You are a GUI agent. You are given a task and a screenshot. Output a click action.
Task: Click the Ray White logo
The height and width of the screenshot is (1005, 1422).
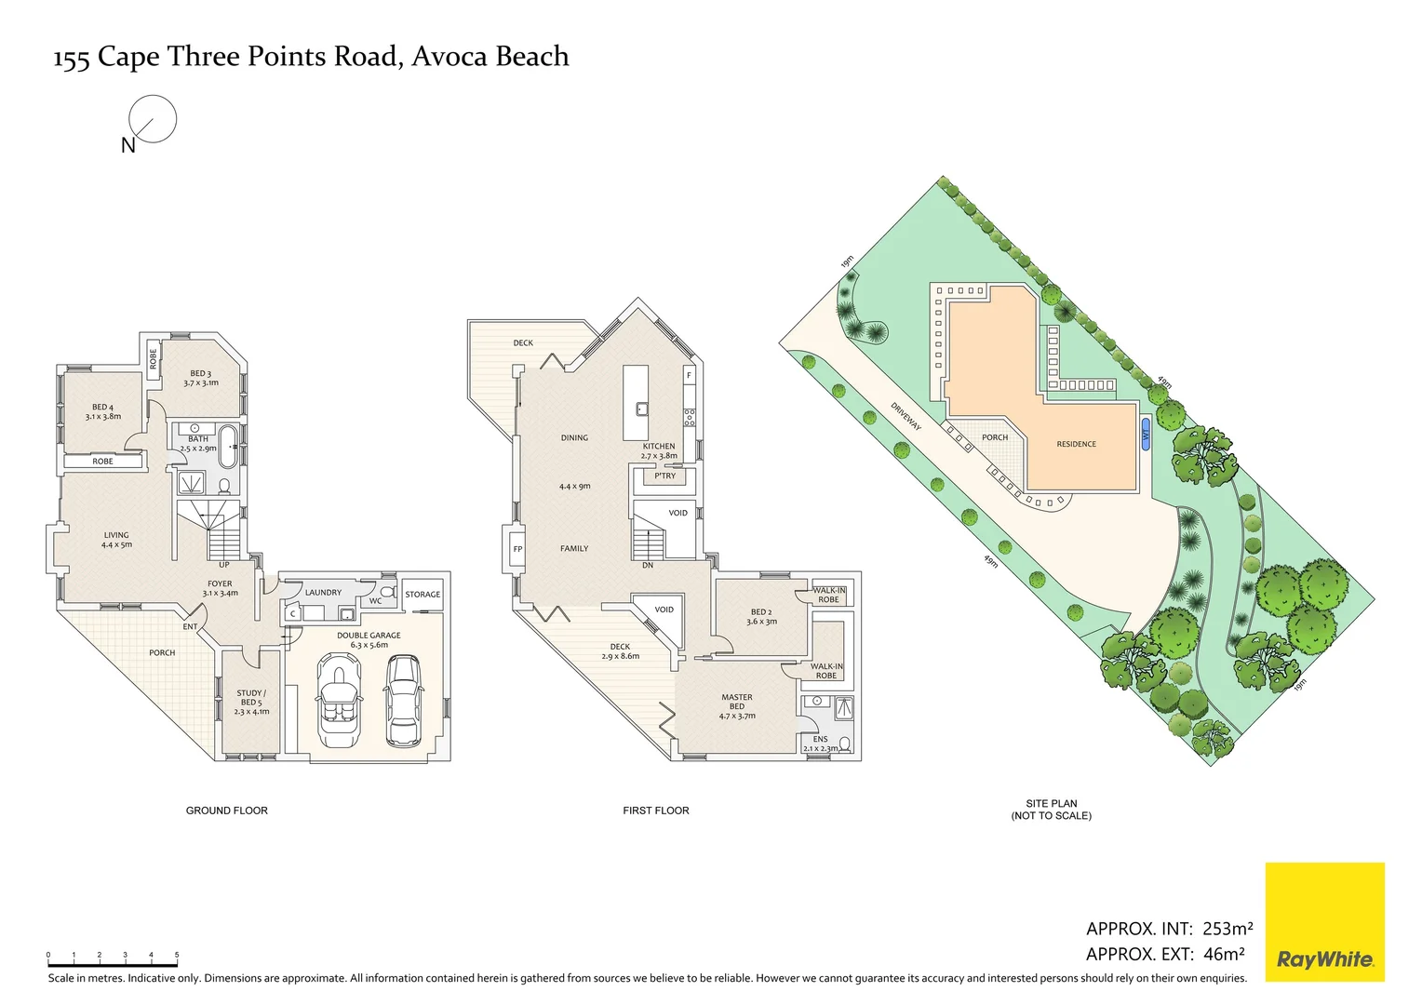(x=1325, y=922)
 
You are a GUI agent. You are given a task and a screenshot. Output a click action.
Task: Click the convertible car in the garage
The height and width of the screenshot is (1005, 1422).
(x=339, y=699)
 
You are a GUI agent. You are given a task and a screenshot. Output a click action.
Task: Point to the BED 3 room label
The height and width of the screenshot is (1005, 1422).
(x=201, y=378)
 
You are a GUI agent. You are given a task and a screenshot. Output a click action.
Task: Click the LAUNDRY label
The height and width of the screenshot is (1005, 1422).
(x=323, y=593)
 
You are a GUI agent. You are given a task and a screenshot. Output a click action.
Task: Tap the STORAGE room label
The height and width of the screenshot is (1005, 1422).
(x=423, y=595)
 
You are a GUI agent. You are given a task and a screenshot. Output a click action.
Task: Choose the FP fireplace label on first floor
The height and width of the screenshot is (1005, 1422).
(x=517, y=549)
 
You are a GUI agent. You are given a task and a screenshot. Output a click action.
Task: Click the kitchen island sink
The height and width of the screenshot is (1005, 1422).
(x=642, y=409)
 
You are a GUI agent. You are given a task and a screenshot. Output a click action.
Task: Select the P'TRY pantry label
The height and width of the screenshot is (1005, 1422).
(x=664, y=476)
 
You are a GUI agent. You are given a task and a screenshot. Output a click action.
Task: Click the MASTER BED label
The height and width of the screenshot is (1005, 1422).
(x=737, y=702)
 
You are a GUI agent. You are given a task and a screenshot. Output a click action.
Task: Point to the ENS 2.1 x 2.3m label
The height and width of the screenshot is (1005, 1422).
(x=820, y=744)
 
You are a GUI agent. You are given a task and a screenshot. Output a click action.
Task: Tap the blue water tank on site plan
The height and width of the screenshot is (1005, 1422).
(x=1146, y=435)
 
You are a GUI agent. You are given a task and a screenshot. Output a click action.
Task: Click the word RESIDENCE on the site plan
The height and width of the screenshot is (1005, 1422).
(x=1076, y=444)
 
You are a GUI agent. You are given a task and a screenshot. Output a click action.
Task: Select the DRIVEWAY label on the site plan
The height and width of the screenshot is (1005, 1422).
(x=906, y=417)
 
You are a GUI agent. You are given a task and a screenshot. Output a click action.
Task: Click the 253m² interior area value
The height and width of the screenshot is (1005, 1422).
(x=1227, y=928)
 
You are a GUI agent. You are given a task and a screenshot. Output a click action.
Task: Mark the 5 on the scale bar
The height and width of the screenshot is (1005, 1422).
(x=177, y=954)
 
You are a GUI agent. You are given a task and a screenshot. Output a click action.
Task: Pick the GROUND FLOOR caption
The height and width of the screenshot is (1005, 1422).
(x=227, y=811)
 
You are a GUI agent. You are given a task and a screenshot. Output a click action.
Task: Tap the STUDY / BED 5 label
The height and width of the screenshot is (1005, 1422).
(x=251, y=703)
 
